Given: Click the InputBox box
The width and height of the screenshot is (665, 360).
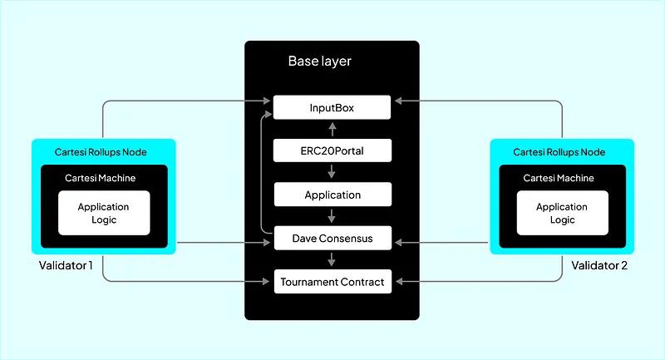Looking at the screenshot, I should (332, 107).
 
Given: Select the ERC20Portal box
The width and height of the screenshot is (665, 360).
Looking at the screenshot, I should (332, 151).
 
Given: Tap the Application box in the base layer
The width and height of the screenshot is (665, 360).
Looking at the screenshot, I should (332, 195).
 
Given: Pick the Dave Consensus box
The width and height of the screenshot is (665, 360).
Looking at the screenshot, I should (332, 239).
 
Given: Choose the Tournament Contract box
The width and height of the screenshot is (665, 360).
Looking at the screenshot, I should (332, 282).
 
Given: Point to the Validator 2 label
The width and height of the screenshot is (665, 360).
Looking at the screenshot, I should (599, 266).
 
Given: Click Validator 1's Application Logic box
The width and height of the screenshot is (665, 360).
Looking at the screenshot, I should (104, 213).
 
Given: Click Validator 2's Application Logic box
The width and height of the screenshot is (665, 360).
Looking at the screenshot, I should (562, 213).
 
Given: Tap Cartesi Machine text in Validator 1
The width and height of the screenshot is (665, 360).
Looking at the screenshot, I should (101, 178).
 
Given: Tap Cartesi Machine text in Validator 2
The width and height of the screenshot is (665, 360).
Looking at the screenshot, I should (559, 178).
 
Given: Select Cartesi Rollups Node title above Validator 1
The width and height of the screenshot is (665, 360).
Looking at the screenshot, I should (103, 152).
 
